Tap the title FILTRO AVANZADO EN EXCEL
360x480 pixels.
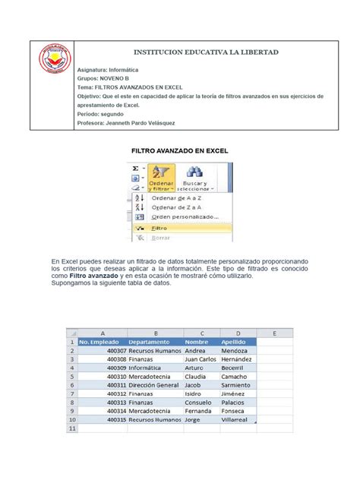[180, 152]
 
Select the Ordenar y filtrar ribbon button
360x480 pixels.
[162, 178]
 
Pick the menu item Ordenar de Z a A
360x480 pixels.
[177, 207]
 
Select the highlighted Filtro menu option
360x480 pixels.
[160, 228]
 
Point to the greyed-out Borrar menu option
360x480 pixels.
[161, 238]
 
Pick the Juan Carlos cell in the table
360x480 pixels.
[201, 358]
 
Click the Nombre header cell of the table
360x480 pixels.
[197, 342]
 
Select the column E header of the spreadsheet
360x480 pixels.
[267, 333]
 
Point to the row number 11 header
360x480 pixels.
[71, 428]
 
